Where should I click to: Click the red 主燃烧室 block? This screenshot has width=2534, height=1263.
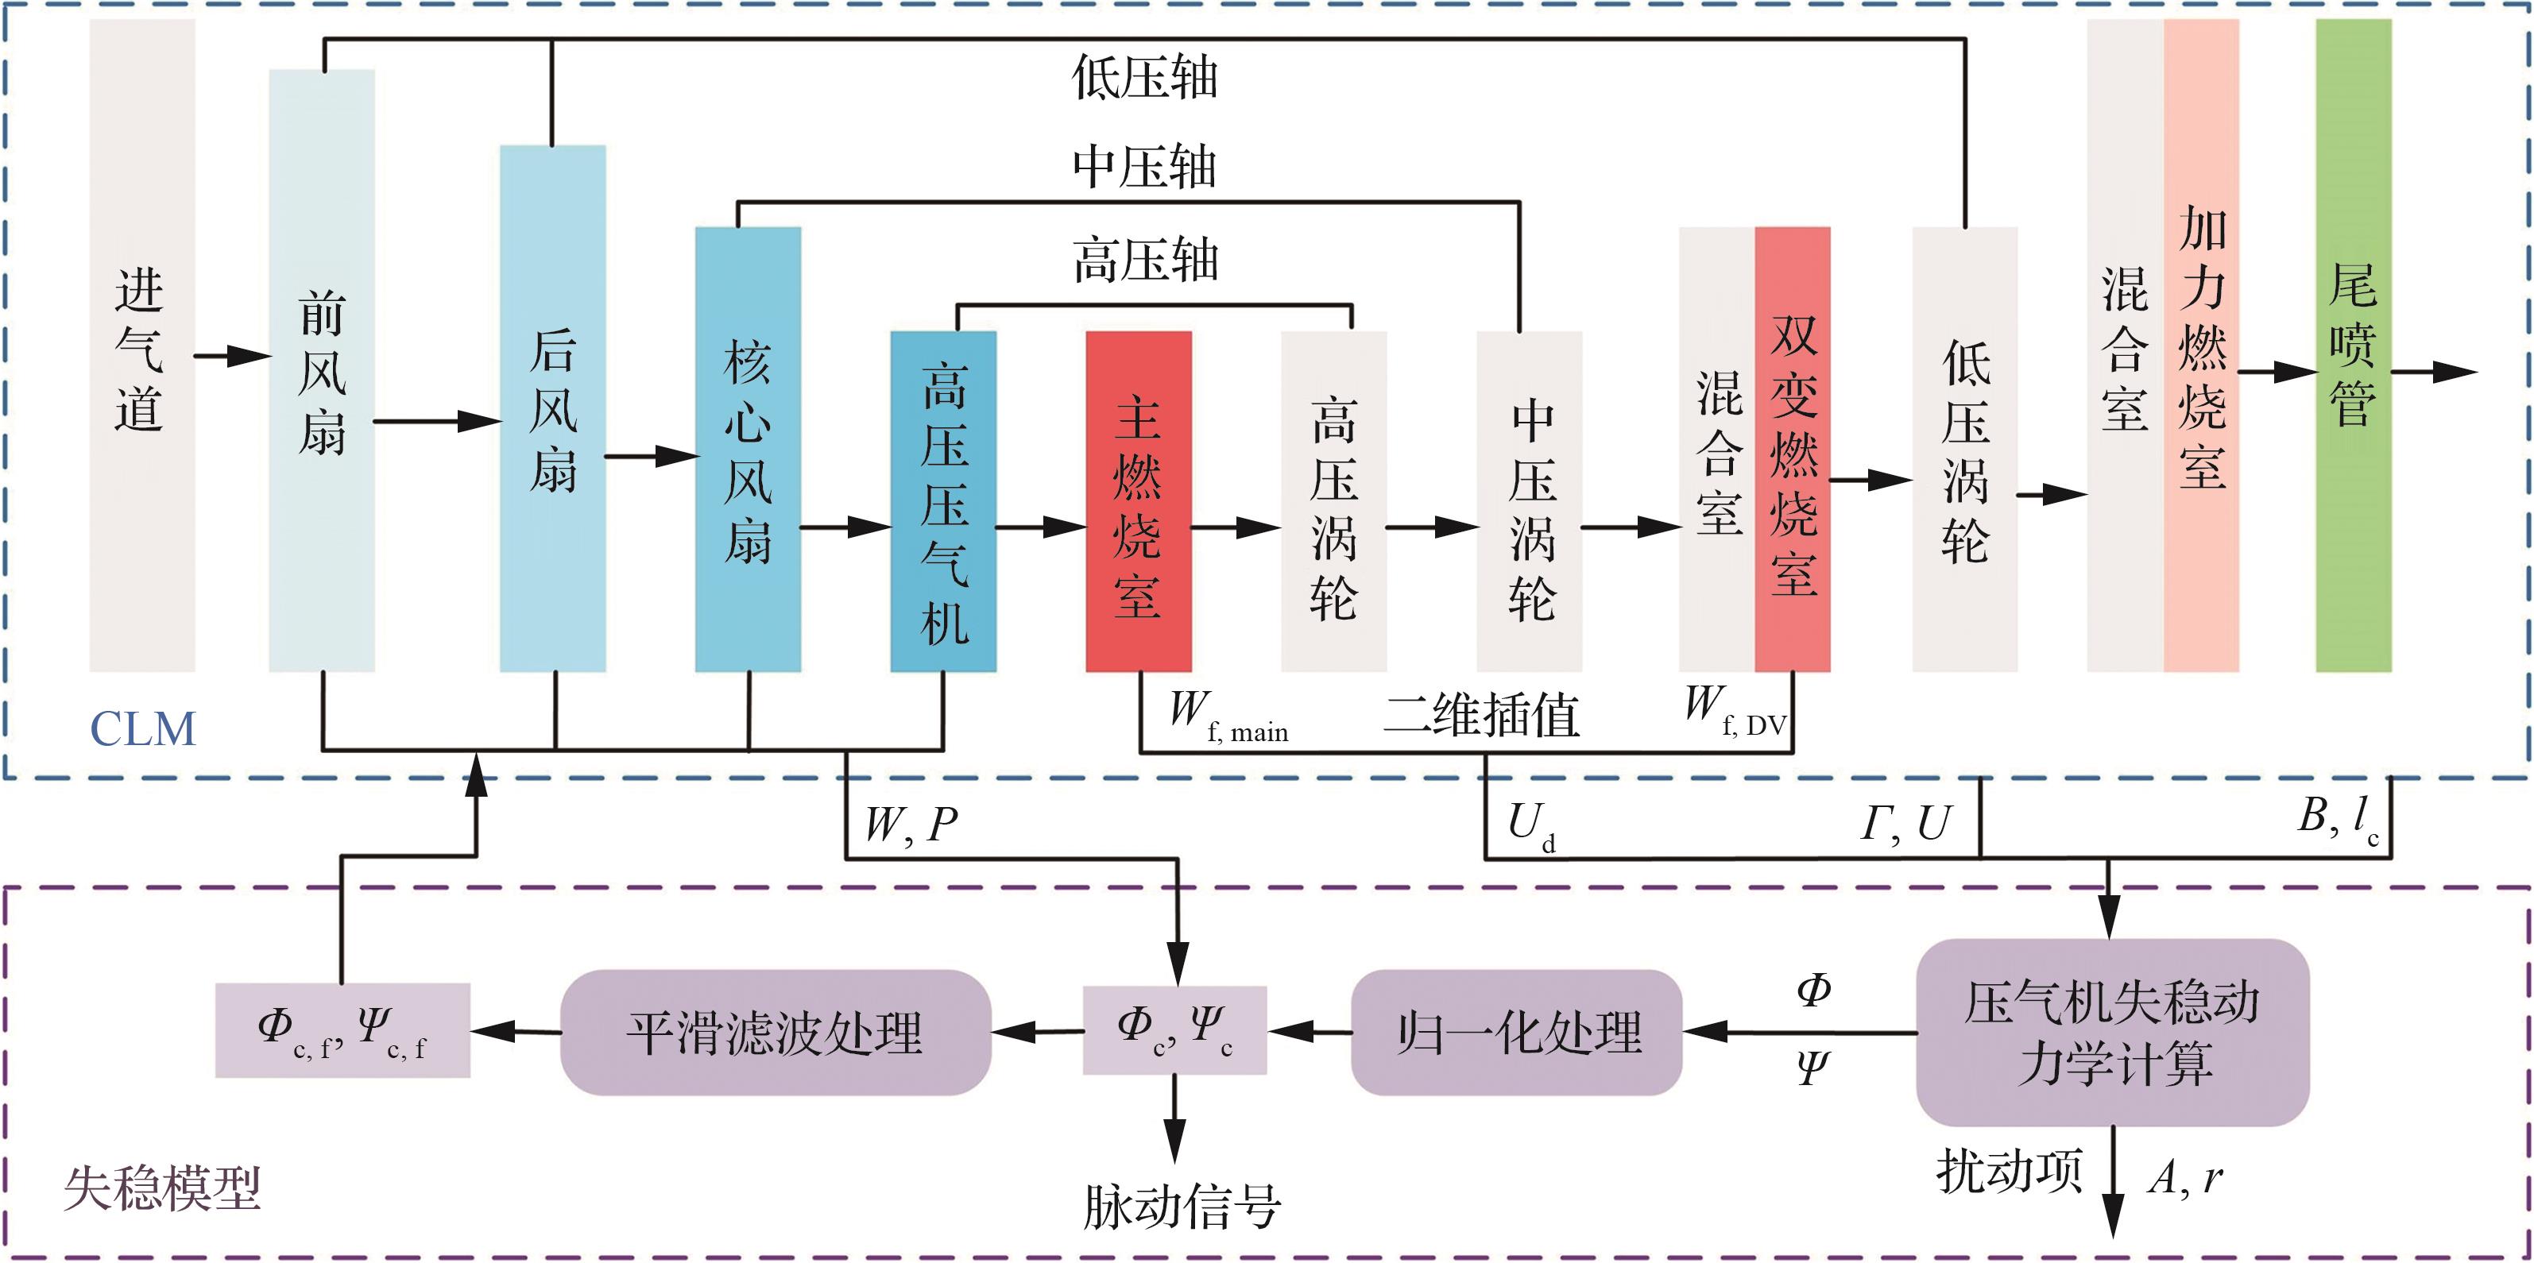point(1138,502)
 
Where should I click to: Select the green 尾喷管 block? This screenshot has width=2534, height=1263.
point(2353,344)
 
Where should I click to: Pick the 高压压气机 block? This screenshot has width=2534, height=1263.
point(943,502)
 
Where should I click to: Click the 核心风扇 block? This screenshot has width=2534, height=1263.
point(748,450)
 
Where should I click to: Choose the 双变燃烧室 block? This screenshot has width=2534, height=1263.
point(1793,450)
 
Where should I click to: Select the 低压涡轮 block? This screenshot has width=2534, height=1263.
point(1964,450)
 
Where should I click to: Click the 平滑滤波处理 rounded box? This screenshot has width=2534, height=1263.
point(776,1032)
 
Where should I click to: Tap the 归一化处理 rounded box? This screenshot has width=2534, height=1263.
point(1516,1032)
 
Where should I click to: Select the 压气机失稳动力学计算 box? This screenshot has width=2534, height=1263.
point(2112,1032)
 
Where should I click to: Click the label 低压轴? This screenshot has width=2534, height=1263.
point(1144,78)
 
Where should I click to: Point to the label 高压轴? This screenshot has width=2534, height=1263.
point(1144,261)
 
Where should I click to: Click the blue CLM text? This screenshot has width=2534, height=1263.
point(143,730)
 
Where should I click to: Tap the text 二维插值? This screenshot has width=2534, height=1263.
point(1480,715)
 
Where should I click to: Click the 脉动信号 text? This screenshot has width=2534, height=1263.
point(1182,1207)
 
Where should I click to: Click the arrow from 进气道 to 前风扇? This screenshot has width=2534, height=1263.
point(232,355)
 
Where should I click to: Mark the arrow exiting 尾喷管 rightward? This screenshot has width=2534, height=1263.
point(2434,372)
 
